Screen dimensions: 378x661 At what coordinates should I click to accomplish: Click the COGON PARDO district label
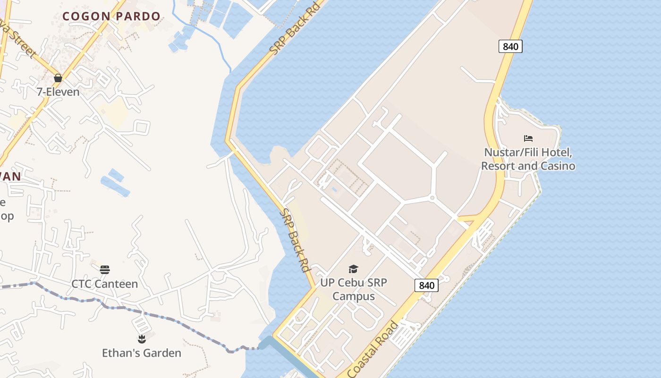[x=111, y=16]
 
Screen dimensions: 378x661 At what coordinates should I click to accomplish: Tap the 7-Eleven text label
[x=58, y=92]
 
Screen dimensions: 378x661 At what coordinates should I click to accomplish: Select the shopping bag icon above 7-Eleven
[x=58, y=78]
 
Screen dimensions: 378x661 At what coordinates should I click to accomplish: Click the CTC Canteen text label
[x=104, y=284]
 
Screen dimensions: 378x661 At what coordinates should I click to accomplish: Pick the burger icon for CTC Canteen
[x=104, y=270]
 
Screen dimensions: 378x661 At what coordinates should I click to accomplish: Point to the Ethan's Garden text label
[x=141, y=353]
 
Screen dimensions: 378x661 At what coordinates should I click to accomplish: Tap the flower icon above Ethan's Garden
[x=141, y=339]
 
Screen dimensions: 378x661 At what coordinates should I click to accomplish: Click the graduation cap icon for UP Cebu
[x=353, y=269]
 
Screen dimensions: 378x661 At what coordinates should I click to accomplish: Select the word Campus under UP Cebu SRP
[x=354, y=296]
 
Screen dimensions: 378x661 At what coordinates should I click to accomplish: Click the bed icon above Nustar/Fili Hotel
[x=528, y=138]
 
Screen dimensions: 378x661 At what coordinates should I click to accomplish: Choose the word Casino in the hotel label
[x=558, y=166]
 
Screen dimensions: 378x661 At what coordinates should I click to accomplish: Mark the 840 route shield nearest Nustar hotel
[x=510, y=46]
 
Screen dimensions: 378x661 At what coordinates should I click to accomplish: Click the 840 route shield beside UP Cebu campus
[x=426, y=285]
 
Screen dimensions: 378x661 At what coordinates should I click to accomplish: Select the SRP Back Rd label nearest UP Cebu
[x=295, y=240]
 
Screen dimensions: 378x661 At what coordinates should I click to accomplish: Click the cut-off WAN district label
[x=9, y=177]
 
